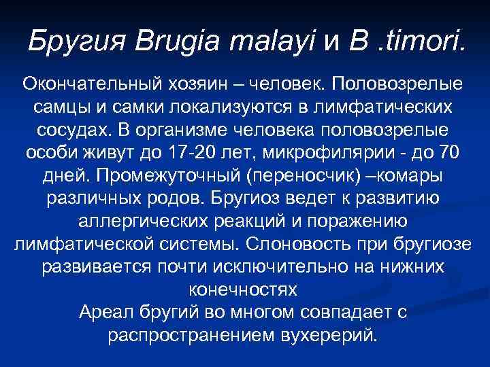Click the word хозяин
197,86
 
